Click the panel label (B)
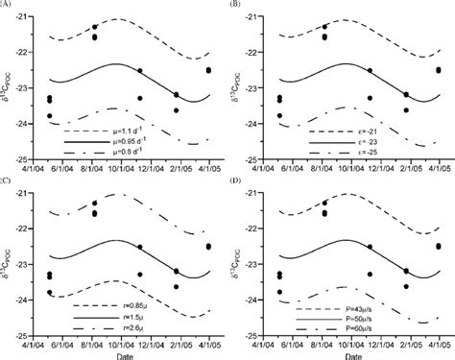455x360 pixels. click(x=240, y=6)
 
